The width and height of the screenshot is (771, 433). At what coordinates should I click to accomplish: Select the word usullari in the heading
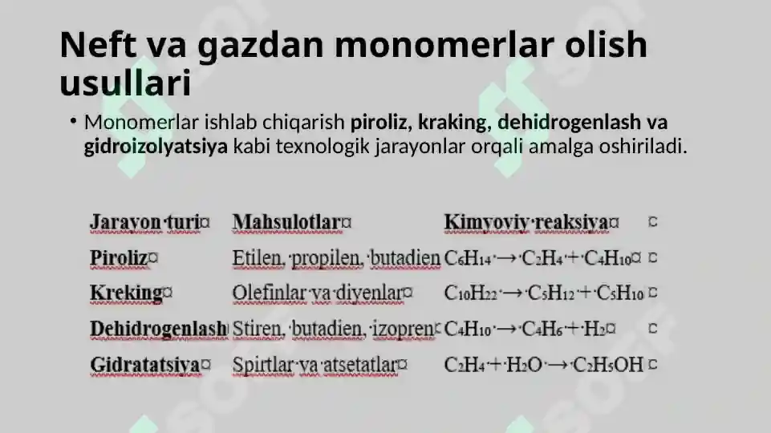(126, 83)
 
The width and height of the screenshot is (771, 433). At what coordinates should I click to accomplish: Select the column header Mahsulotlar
(286, 222)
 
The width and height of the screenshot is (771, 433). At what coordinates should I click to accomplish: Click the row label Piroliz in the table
(119, 258)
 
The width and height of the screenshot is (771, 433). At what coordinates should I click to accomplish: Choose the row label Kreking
(127, 293)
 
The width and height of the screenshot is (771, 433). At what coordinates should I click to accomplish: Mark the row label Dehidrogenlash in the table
(158, 329)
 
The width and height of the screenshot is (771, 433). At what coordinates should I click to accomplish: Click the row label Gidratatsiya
(145, 365)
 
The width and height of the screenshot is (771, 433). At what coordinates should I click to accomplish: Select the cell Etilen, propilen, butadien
(336, 258)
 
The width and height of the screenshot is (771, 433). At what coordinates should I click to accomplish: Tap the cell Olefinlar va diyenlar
(318, 293)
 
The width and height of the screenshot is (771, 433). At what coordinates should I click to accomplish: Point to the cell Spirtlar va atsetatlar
(314, 365)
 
